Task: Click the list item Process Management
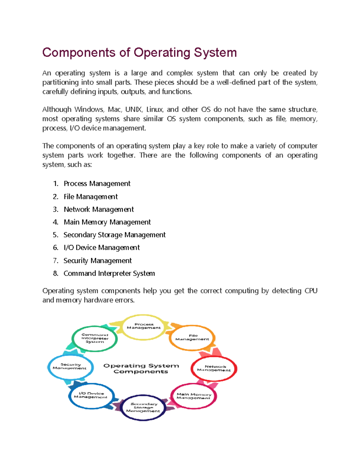coord(97,184)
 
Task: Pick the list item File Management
coord(91,197)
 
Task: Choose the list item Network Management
coord(99,209)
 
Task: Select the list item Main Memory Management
coord(107,222)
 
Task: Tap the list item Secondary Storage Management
coord(114,235)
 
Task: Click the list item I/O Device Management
coord(101,248)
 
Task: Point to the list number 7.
coord(55,261)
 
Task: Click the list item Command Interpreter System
coord(109,273)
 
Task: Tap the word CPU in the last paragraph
coord(311,291)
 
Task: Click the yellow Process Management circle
coord(144,327)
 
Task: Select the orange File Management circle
coord(192,338)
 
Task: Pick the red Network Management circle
coord(214,368)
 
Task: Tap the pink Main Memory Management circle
coord(193,396)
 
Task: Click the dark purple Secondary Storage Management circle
coord(143,407)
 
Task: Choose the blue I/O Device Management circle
coord(91,395)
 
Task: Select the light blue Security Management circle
coord(70,367)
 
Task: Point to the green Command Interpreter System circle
coord(94,338)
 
